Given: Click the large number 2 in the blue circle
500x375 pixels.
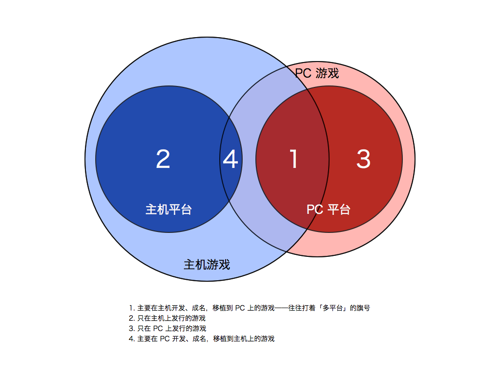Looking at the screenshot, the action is tap(163, 159).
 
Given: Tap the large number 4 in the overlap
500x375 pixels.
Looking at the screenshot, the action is tap(230, 159).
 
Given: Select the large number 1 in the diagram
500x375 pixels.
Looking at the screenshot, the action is tap(293, 159).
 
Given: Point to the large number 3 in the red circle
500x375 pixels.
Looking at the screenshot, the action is tap(363, 159).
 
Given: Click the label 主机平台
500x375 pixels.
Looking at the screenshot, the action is tap(168, 209).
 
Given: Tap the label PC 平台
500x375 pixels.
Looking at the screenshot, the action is tap(328, 209).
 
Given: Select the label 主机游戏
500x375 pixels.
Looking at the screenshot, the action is tap(207, 265).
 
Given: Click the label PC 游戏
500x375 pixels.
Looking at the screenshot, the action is tap(317, 73).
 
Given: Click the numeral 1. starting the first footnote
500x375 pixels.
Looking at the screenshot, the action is tap(131, 308).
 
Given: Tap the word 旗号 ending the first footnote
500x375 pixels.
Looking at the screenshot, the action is tap(363, 308).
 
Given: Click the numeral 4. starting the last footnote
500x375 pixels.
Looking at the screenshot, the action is tap(131, 338).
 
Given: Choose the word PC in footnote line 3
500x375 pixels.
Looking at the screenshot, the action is tap(158, 328).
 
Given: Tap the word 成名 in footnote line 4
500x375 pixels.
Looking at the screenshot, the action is tap(197, 338).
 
